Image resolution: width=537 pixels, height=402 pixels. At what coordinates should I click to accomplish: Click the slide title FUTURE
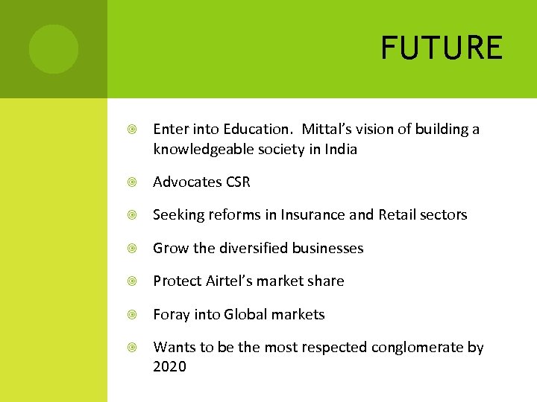point(442,48)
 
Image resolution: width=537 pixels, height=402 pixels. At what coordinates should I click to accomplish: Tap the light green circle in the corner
point(54,49)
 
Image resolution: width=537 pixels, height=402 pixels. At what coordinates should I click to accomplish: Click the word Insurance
point(313,215)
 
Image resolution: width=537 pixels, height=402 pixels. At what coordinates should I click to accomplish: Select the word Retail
point(399,215)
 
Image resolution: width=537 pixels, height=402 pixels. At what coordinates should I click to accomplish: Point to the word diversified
point(252,248)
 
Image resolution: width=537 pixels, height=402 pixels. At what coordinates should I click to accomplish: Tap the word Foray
point(172,314)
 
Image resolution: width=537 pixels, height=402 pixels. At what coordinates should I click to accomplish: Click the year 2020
point(169,367)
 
